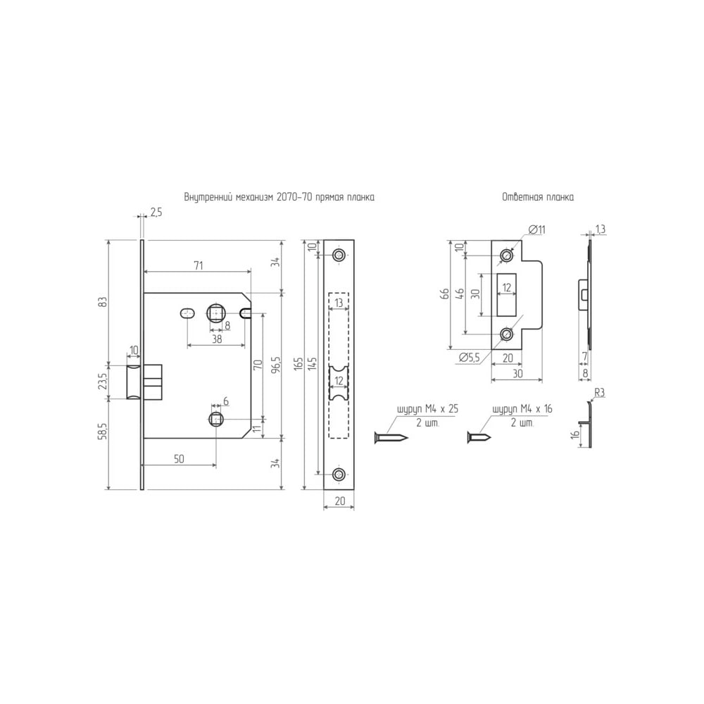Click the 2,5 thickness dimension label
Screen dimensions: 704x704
coord(156,213)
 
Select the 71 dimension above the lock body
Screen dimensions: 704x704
coord(198,266)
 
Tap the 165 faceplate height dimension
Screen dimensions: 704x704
coord(298,365)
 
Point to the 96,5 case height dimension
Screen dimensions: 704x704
coord(276,365)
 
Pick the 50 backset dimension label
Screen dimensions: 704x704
coord(179,459)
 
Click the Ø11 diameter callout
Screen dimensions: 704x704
coord(536,230)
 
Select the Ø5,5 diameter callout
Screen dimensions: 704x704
coord(469,358)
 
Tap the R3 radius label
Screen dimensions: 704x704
coord(599,393)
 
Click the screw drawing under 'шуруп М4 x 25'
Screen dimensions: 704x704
coord(391,437)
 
